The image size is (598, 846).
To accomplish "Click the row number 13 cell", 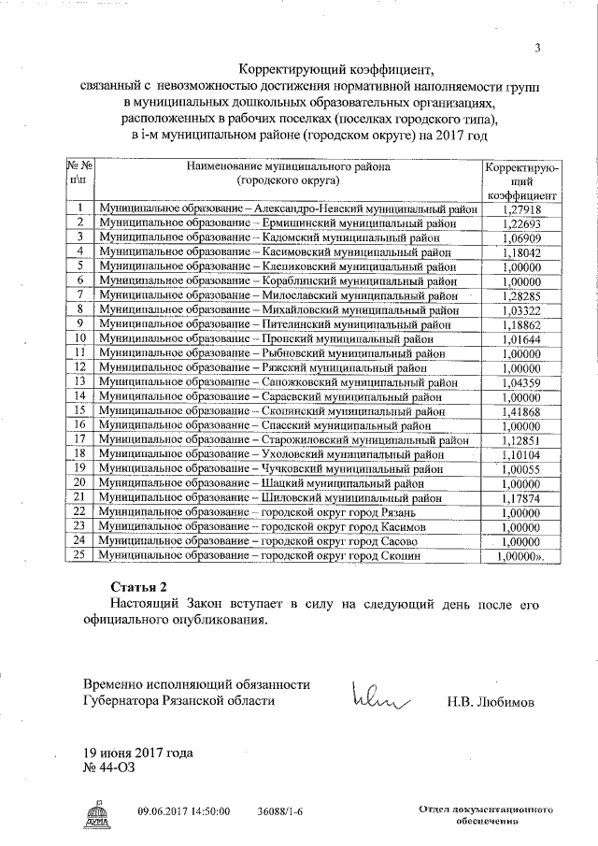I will click(79, 381).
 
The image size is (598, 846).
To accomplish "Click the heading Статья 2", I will click(137, 586).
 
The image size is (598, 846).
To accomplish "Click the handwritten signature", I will click(380, 695).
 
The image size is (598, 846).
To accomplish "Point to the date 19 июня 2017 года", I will click(136, 753).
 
